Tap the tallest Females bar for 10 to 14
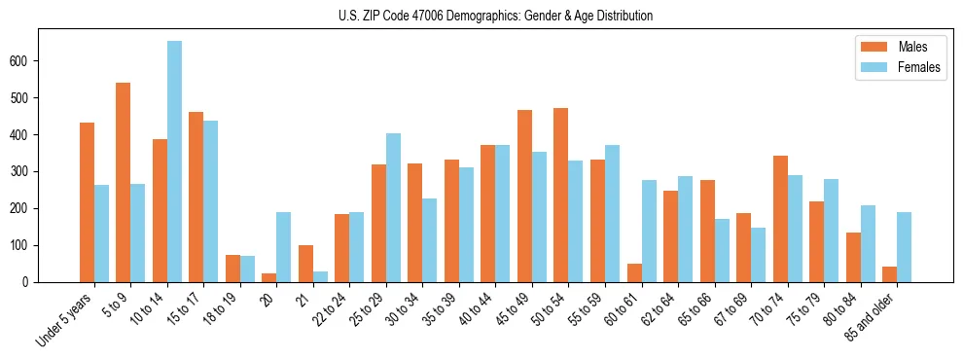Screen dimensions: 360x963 click(174, 162)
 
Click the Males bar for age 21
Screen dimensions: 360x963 click(305, 264)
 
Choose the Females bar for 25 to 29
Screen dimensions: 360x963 click(393, 208)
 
